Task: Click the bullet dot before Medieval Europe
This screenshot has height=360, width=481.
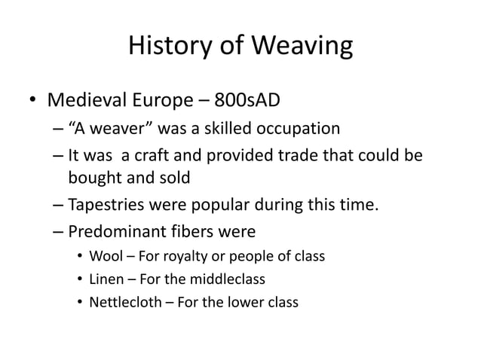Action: click(33, 102)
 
